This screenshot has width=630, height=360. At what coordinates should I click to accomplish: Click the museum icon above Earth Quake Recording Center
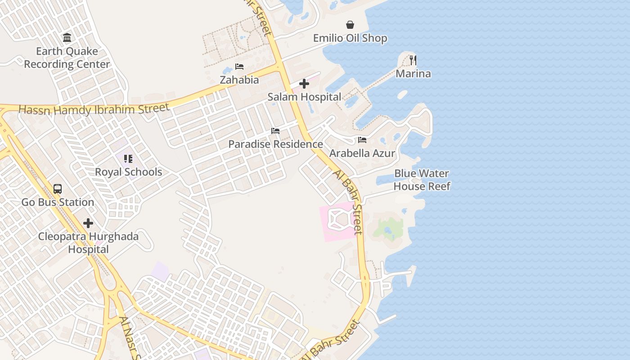point(67,38)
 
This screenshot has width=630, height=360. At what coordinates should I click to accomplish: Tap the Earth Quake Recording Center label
point(67,58)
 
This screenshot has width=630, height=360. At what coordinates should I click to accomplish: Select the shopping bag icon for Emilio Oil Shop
point(350,25)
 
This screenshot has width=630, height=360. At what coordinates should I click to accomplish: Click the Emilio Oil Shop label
point(350,38)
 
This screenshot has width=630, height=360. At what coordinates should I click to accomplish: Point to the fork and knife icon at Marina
point(413,60)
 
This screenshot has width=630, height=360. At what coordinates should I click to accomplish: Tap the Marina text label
point(413,73)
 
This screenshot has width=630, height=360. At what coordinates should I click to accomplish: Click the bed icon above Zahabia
point(239,67)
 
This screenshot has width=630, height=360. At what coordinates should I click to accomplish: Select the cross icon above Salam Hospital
point(304,84)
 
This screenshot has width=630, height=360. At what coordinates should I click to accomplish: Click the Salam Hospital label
point(304,97)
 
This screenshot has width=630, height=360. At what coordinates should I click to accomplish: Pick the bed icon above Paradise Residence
point(275,131)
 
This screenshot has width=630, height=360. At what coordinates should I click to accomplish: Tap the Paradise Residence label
point(275,144)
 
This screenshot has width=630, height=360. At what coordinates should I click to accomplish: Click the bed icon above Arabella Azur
point(362,140)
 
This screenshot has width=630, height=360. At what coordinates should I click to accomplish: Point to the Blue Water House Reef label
point(422,180)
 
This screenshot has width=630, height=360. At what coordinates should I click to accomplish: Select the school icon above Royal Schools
point(128,159)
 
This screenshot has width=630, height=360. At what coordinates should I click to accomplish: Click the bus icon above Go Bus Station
point(58,189)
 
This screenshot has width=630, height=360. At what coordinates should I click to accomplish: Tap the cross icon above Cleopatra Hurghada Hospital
point(88,223)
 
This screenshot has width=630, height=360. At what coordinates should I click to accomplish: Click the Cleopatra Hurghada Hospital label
point(88,243)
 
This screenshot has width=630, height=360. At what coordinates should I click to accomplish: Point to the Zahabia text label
point(239,80)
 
